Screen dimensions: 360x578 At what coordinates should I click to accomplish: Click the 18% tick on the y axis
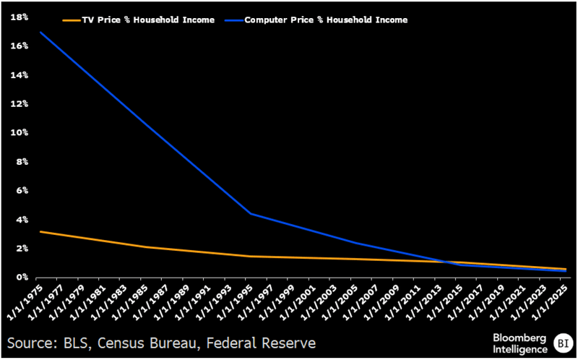click(x=20, y=17)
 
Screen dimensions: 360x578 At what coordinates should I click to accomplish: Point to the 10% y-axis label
click(x=20, y=132)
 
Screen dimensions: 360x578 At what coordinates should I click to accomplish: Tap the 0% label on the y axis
click(x=22, y=277)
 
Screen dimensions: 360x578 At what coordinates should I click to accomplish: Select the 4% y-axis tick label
click(x=22, y=219)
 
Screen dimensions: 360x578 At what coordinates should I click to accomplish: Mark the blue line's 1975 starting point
click(x=40, y=32)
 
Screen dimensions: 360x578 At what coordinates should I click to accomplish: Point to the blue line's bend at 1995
click(x=250, y=213)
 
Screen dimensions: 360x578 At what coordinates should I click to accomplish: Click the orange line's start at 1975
click(x=40, y=231)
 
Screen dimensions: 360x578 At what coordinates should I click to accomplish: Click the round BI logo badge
click(x=562, y=342)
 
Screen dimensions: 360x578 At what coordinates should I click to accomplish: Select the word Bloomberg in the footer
click(x=520, y=337)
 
